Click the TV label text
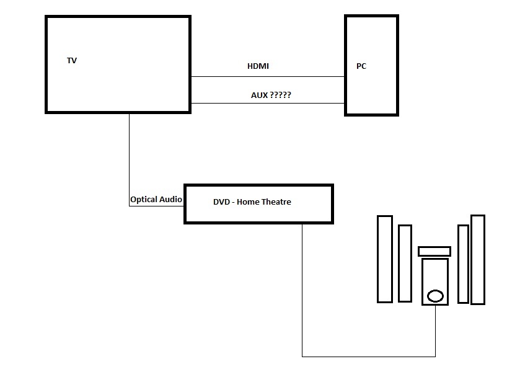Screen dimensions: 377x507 [x=72, y=61]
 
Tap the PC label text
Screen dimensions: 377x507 [x=361, y=66]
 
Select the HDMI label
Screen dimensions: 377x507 [x=258, y=66]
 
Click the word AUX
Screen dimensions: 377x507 [x=260, y=95]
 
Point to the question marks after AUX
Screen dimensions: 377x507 [x=281, y=95]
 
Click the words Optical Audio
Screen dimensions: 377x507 [x=156, y=200]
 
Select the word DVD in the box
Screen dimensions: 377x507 [x=221, y=202]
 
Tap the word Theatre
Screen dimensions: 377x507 [x=276, y=202]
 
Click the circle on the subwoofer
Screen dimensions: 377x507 [x=436, y=296]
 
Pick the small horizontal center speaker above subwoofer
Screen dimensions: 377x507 [x=434, y=251]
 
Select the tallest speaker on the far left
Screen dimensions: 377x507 [x=385, y=259]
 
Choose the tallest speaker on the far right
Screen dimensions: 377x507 [x=477, y=259]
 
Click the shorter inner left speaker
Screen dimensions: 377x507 [x=405, y=263]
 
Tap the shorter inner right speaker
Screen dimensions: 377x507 [x=463, y=264]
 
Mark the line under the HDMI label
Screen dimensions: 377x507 [x=267, y=77]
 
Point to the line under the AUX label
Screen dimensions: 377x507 [x=267, y=103]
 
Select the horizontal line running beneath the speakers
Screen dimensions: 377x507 [x=369, y=357]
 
